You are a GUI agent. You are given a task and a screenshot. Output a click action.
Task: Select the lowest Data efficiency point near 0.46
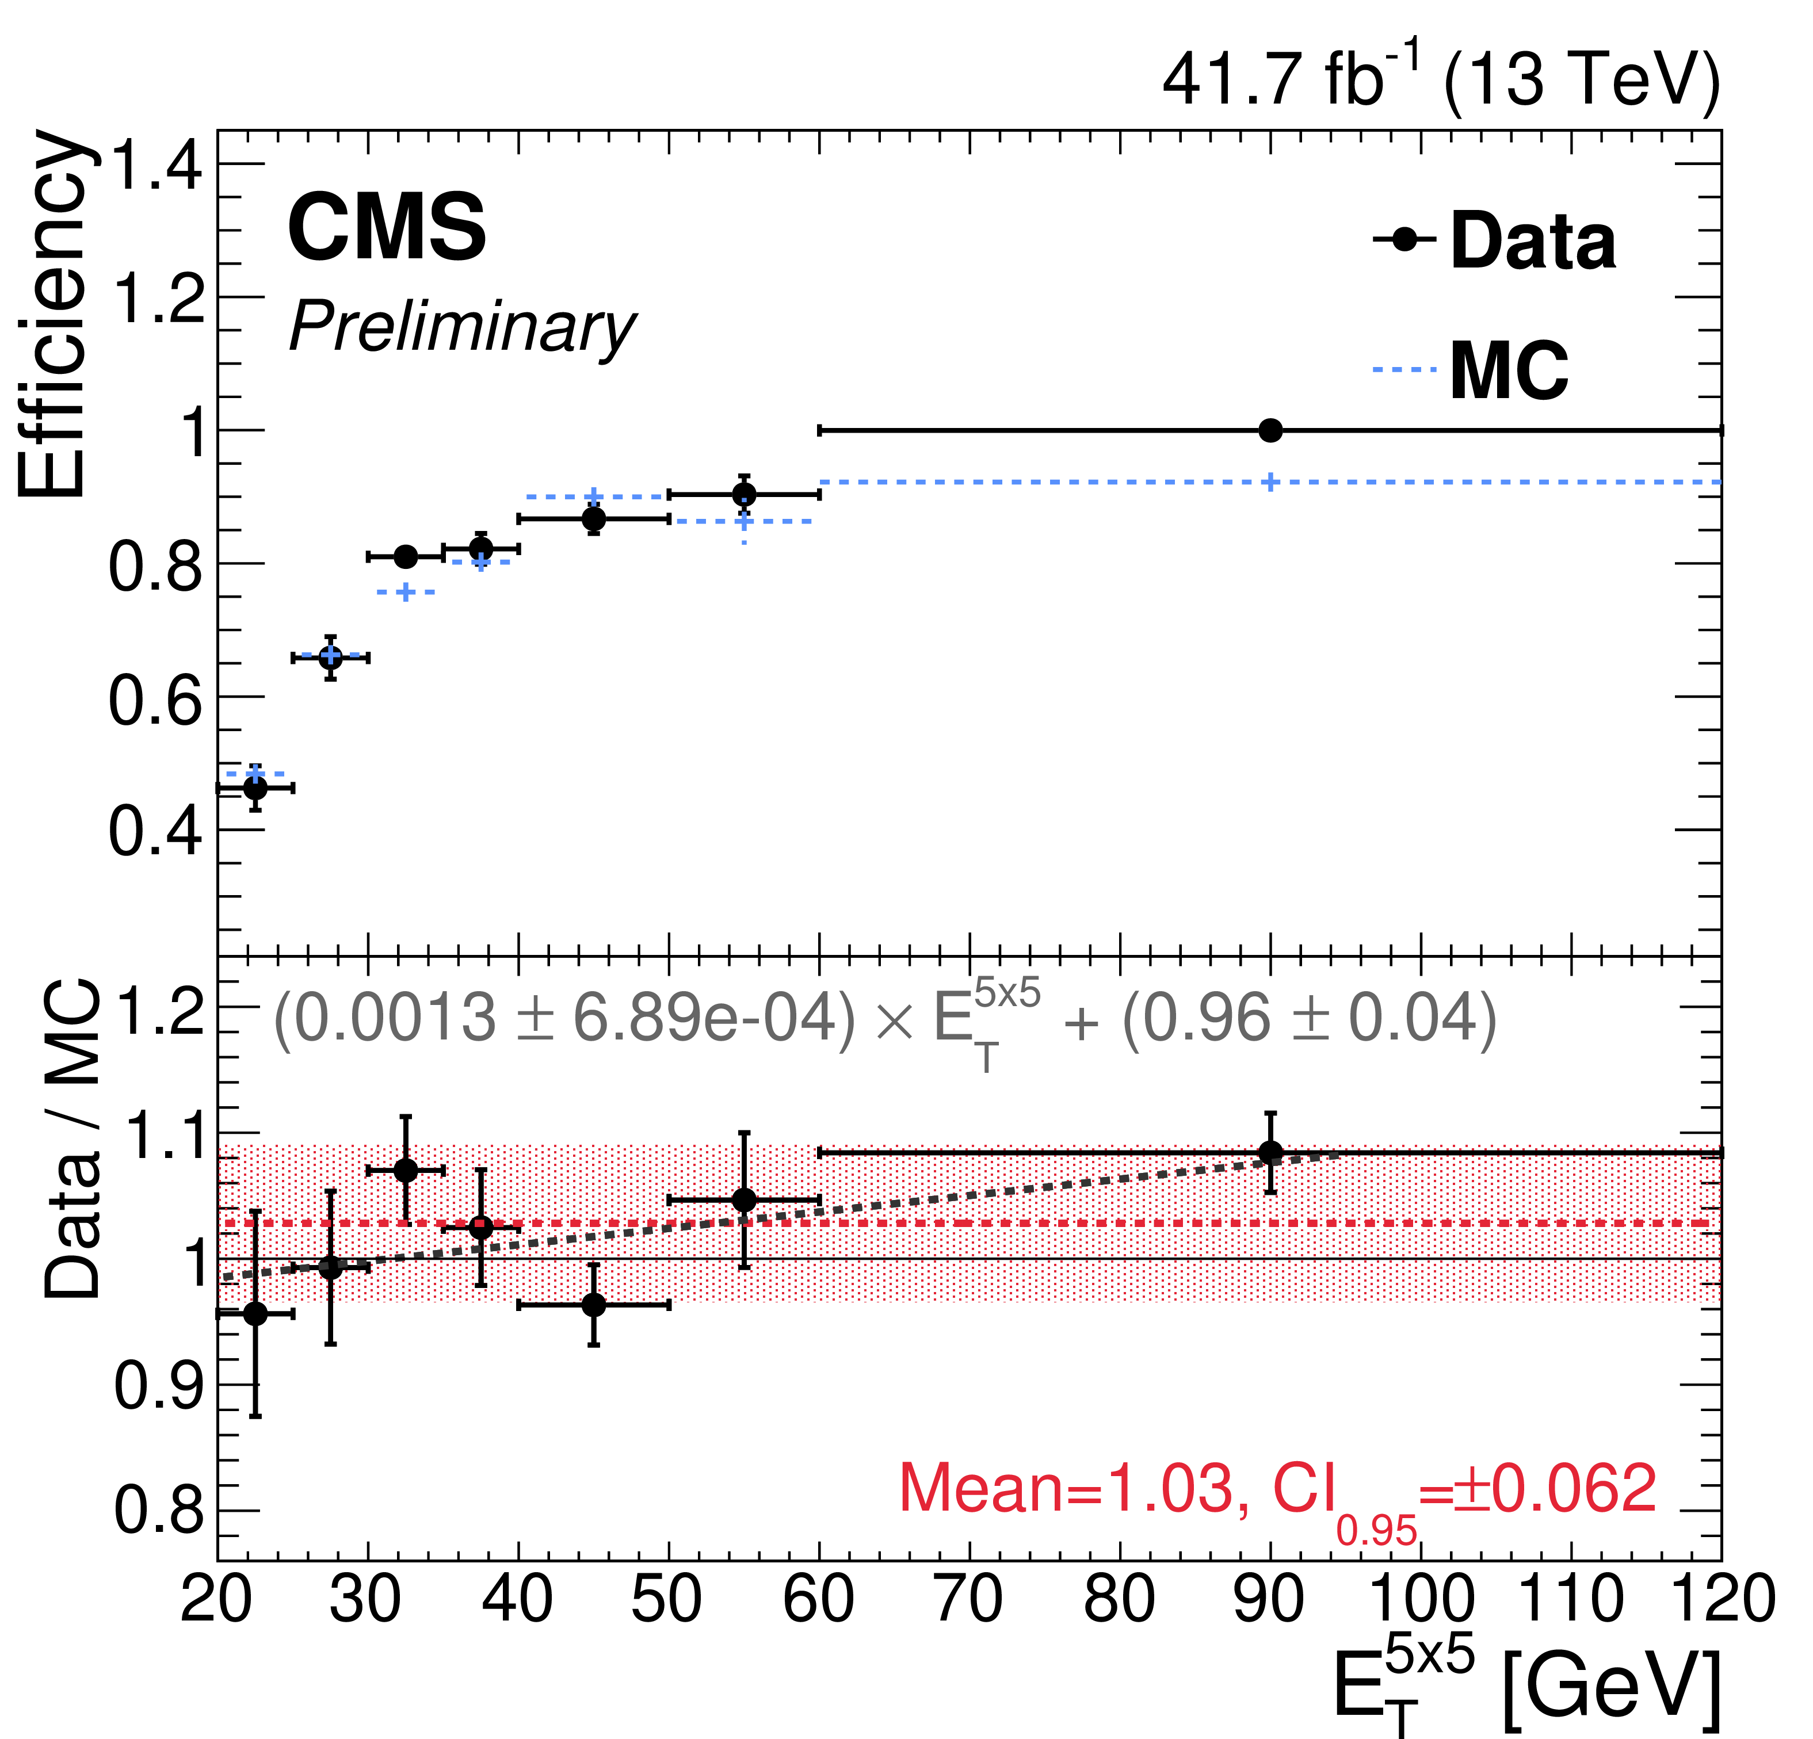(x=255, y=788)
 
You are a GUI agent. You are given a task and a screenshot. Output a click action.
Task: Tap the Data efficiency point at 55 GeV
(x=744, y=495)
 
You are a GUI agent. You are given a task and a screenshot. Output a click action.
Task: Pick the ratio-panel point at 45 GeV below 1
(x=594, y=1305)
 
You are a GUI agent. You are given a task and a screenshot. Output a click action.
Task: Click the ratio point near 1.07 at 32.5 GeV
(x=405, y=1170)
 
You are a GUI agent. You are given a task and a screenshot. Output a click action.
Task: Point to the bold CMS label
(x=387, y=227)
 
